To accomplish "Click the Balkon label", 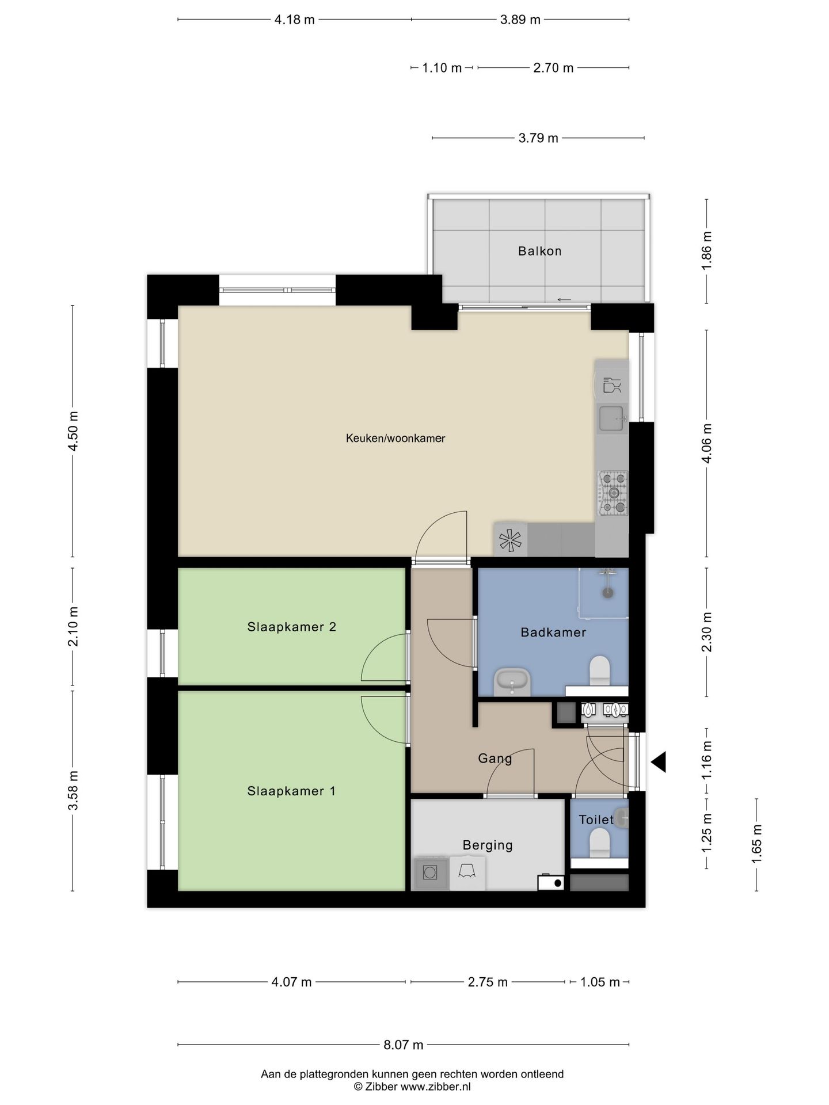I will tap(539, 251).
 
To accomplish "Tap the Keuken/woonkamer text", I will tap(395, 439).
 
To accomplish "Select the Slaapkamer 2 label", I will tap(291, 627).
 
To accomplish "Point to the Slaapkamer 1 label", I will tap(291, 791).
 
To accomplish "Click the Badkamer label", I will tap(553, 632).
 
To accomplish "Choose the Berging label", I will tap(488, 845).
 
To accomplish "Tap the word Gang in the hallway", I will tap(495, 759).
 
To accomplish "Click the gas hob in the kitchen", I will tap(613, 493).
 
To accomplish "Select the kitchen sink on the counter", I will tap(611, 418).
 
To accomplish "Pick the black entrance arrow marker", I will tap(659, 762).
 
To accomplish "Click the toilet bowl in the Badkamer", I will tap(599, 670).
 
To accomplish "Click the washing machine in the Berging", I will tap(430, 873).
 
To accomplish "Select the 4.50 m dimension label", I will tap(73, 431).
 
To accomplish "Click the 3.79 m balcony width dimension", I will tap(538, 138).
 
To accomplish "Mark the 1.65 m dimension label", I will tap(756, 844).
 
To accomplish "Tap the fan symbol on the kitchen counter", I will tap(510, 540).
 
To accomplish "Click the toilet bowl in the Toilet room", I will tap(599, 841).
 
